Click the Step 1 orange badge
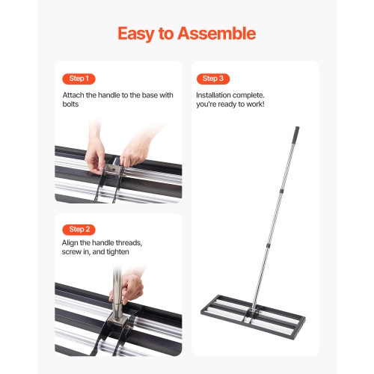click(79, 79)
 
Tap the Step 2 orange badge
click(79, 229)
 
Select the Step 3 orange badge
click(212, 79)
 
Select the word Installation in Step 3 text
click(215, 96)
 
